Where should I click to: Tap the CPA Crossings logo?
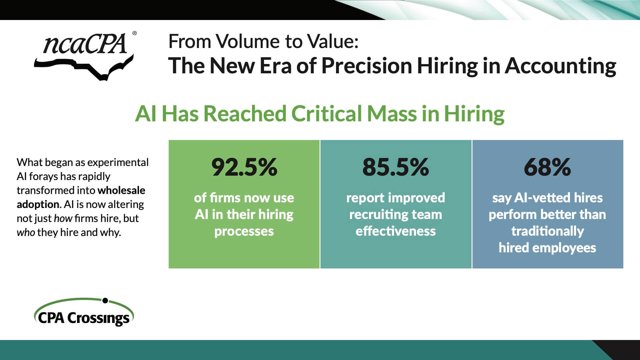click(x=84, y=312)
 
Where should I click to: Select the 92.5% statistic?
click(x=244, y=167)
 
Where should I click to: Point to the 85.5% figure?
click(x=396, y=167)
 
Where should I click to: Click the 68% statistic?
click(x=547, y=167)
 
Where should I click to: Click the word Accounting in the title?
click(x=560, y=66)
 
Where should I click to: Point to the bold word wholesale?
click(x=121, y=190)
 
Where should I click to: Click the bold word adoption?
click(x=38, y=204)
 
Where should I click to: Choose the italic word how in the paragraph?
click(x=63, y=218)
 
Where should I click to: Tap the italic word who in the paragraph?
click(x=26, y=232)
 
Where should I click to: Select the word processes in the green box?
click(x=244, y=231)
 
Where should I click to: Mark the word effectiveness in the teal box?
click(x=396, y=231)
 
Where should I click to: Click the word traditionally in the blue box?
click(x=548, y=231)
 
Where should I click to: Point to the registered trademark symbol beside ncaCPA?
click(x=134, y=33)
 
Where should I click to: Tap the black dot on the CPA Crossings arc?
click(x=105, y=301)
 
